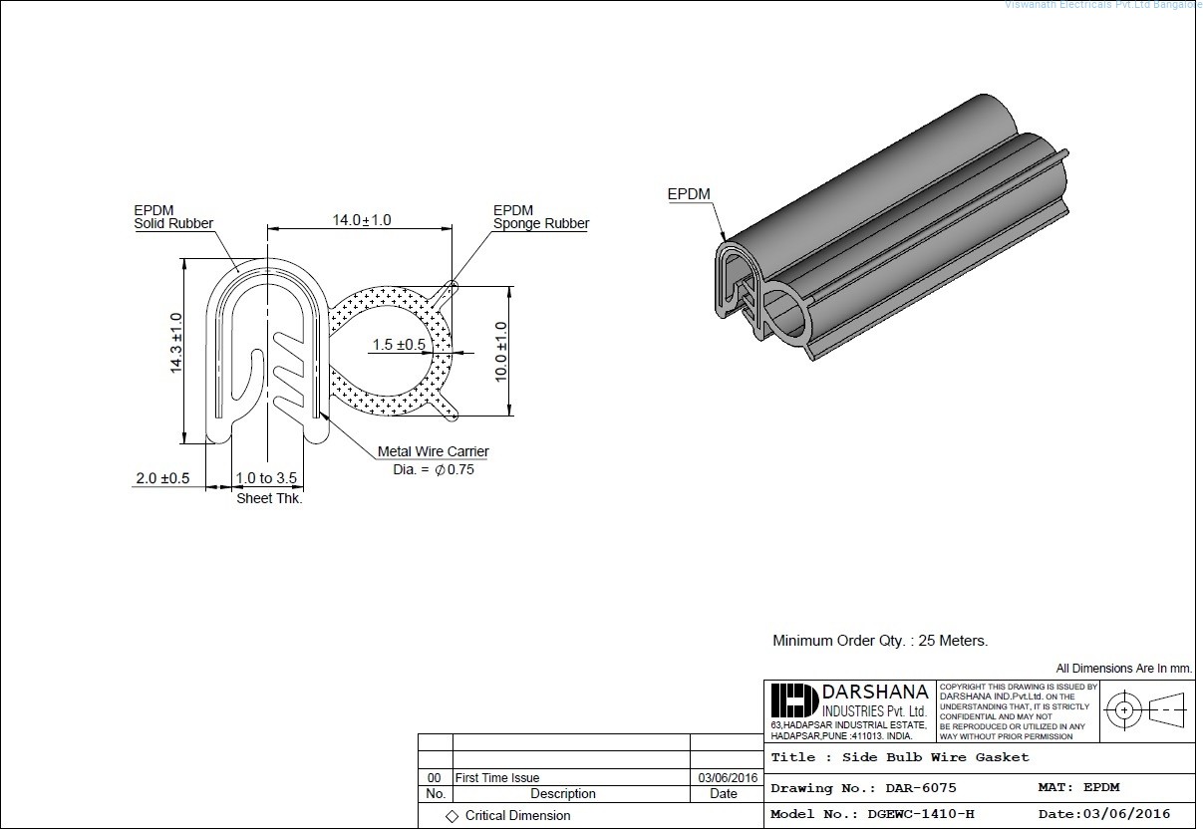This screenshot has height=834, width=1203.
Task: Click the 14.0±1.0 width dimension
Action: (362, 220)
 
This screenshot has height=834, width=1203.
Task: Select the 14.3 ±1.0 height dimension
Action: (176, 343)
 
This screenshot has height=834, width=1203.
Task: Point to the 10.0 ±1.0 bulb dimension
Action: (501, 350)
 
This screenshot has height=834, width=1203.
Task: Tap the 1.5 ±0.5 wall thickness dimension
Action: (399, 345)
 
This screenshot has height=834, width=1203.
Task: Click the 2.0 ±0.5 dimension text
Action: (161, 479)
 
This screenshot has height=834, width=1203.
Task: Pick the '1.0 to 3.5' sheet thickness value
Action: (266, 479)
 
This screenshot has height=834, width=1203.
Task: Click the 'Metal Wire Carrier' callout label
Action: (433, 452)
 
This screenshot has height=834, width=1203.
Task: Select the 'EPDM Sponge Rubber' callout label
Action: (540, 217)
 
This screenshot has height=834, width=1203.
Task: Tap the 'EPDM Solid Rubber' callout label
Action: (173, 217)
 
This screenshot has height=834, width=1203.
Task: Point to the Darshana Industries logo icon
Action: (793, 700)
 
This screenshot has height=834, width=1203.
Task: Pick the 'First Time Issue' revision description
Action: (496, 778)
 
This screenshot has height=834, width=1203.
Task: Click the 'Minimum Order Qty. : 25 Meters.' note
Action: (880, 641)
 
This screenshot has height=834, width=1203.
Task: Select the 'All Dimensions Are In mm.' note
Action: (1123, 669)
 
